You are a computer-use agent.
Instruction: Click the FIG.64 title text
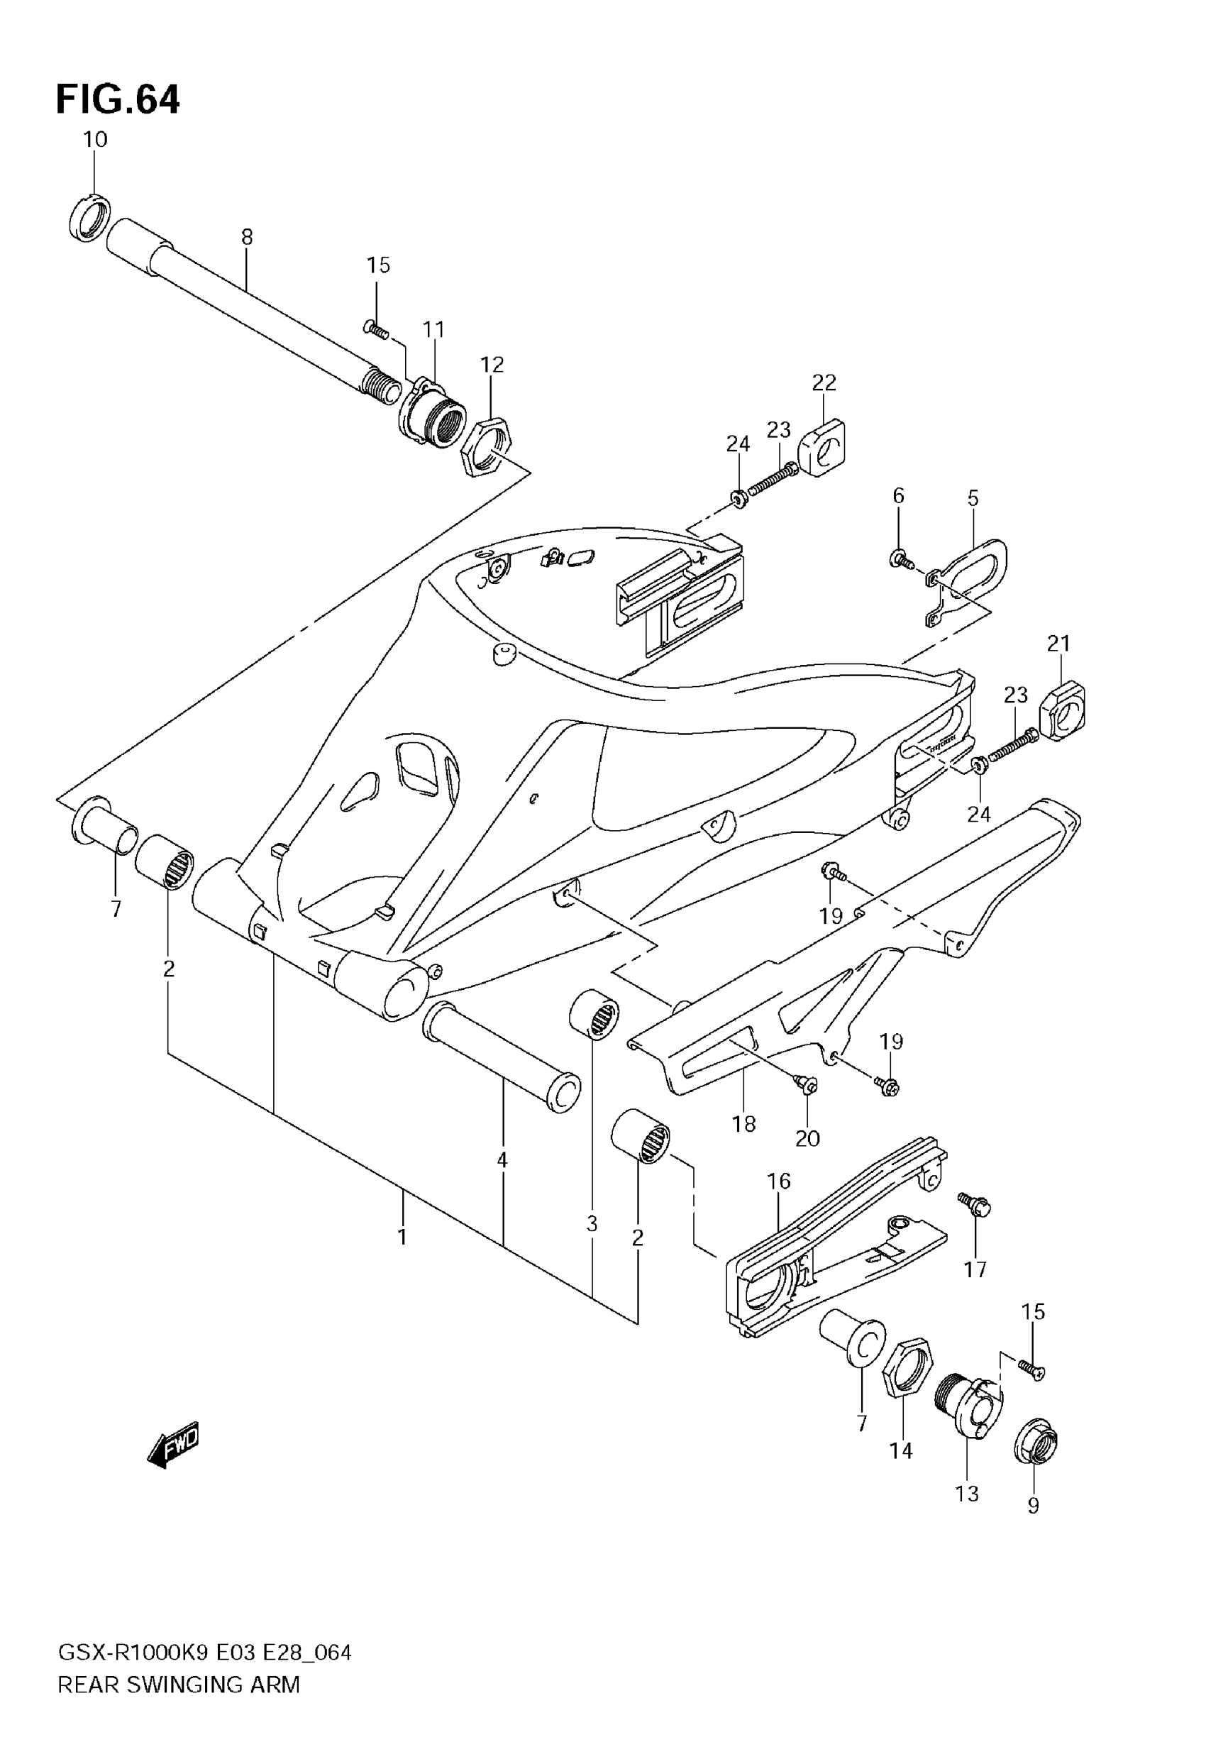(x=118, y=100)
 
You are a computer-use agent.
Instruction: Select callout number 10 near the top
(x=95, y=140)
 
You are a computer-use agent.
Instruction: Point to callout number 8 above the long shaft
(x=247, y=237)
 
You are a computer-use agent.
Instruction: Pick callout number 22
(x=824, y=383)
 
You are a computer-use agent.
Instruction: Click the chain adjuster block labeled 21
(x=1063, y=710)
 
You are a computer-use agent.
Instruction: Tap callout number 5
(x=973, y=499)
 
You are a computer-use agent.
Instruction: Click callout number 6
(x=898, y=496)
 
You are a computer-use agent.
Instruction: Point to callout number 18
(x=743, y=1125)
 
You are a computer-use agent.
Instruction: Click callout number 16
(x=779, y=1180)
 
